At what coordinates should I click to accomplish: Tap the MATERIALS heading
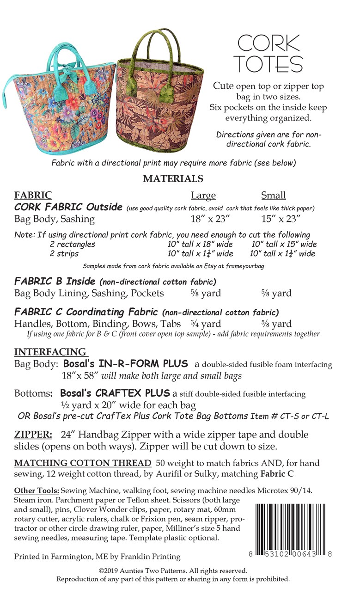(173, 178)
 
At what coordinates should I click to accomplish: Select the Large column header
(203, 195)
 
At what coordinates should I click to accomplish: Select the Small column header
(273, 195)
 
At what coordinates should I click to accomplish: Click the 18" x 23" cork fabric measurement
(207, 219)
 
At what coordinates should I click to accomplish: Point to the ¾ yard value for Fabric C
(206, 324)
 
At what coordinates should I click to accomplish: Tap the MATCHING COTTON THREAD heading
(83, 463)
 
